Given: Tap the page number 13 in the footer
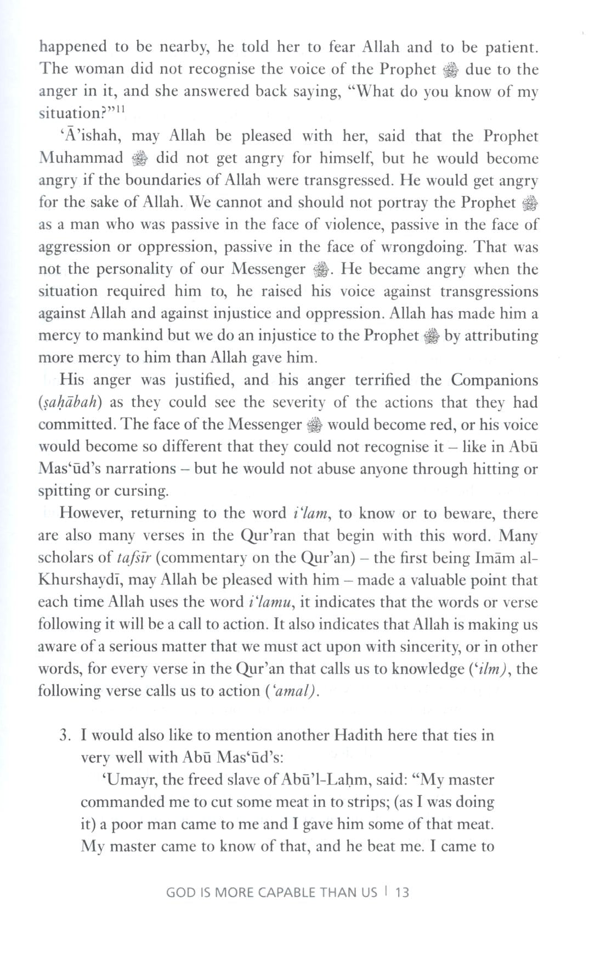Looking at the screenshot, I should [402, 892].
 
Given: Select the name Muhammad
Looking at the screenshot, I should [81, 159].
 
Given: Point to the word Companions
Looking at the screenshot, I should [494, 380].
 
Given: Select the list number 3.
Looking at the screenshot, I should [65, 735].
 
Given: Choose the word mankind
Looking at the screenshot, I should [130, 336].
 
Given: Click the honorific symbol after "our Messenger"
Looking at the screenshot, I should [320, 270].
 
